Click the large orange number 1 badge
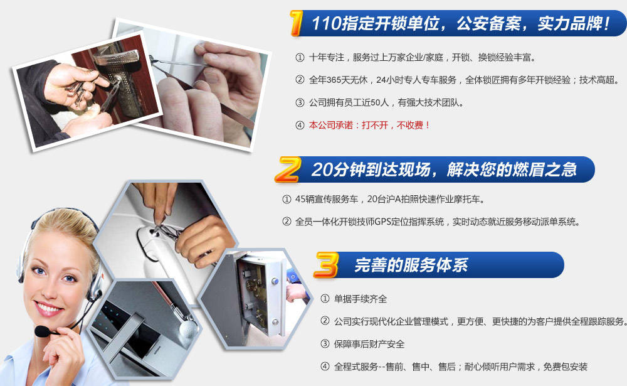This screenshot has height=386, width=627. pyautogui.click(x=296, y=23)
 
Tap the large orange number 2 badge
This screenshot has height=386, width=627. pyautogui.click(x=287, y=169)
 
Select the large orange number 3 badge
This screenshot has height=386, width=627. pyautogui.click(x=326, y=265)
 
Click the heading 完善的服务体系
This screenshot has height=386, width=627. pyautogui.click(x=411, y=265)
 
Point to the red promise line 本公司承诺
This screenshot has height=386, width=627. pyautogui.click(x=369, y=126)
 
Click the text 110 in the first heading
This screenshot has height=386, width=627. pyautogui.click(x=325, y=23)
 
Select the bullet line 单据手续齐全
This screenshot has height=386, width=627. pyautogui.click(x=361, y=299)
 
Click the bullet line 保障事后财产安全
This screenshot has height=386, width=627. pyautogui.click(x=369, y=344)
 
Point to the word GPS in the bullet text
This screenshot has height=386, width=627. pyautogui.click(x=382, y=222)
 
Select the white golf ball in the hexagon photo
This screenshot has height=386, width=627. pyautogui.click(x=188, y=328)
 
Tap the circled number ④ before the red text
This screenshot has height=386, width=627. pyautogui.click(x=300, y=126)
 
